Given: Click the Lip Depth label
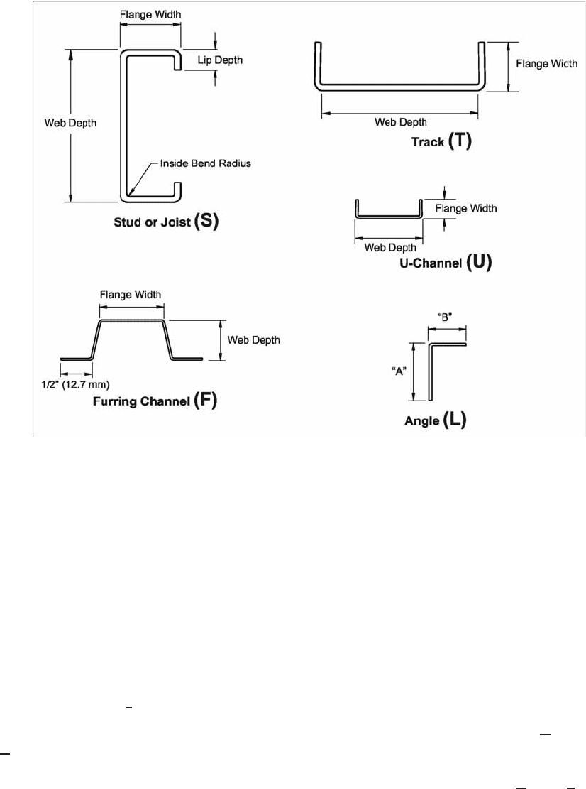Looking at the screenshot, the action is (x=220, y=60).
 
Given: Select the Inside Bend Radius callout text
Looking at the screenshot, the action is (x=205, y=163).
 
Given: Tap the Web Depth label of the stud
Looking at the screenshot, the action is (x=70, y=124).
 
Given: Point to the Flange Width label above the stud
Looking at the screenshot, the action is (x=150, y=15).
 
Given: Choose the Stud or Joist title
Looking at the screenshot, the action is (x=153, y=222).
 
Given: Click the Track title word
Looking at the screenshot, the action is (x=428, y=143).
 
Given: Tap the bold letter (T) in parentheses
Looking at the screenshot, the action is (x=459, y=141).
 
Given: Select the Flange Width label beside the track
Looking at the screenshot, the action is (x=546, y=64).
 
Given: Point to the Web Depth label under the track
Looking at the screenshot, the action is (x=401, y=122).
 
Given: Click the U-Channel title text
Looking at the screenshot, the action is (x=431, y=263).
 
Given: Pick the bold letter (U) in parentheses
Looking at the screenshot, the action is (x=479, y=261).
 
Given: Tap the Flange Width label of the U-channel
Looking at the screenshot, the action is (x=466, y=208).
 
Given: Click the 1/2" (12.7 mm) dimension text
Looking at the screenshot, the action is (x=75, y=385).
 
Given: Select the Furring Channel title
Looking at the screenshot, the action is (x=142, y=401).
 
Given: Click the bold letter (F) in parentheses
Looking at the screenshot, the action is (x=205, y=400).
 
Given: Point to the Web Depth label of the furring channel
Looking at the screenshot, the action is (x=254, y=340).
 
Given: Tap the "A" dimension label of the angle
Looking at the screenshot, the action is (x=399, y=372).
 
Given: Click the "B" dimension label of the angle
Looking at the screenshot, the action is (x=445, y=317).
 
